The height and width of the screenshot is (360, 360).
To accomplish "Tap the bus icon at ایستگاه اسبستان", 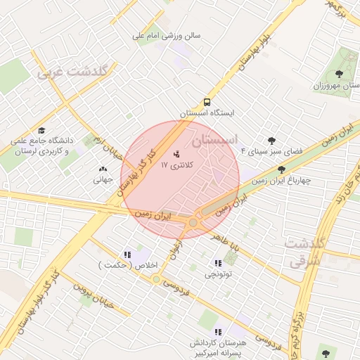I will (x=207, y=101).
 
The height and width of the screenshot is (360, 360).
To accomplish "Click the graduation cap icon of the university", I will (x=41, y=131).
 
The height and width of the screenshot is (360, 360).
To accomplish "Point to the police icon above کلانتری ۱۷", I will (x=176, y=154).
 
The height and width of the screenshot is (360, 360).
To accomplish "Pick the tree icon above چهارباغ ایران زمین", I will (x=282, y=169).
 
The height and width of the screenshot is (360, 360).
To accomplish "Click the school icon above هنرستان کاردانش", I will (x=218, y=331).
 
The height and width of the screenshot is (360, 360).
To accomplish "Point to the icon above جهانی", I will (x=103, y=169).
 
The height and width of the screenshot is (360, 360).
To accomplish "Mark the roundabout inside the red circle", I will (x=193, y=222).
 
